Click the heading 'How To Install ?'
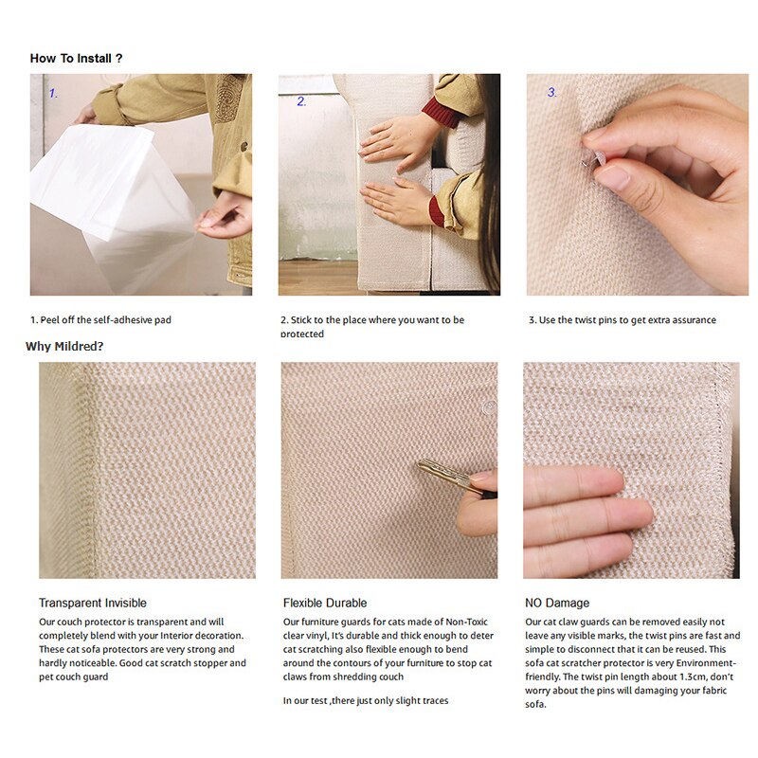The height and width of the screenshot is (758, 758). (x=76, y=59)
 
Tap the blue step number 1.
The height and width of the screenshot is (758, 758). (x=53, y=93)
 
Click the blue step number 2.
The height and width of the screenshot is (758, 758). (x=301, y=101)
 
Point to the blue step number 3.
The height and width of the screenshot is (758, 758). (x=551, y=92)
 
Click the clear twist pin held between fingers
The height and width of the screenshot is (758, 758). (x=593, y=159)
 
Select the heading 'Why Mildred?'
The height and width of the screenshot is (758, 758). (x=64, y=346)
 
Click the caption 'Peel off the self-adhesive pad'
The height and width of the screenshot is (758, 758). (x=105, y=319)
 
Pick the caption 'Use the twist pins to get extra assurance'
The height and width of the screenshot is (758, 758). (x=627, y=319)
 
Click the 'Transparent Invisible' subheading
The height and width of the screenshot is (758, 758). (x=92, y=603)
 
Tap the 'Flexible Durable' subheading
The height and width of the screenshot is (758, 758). (x=325, y=603)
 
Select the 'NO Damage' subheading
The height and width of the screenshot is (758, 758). (x=557, y=603)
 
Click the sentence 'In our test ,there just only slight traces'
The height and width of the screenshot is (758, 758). (x=366, y=700)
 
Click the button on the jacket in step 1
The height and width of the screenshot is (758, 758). (x=244, y=146)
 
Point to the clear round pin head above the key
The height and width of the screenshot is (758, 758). (x=488, y=407)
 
